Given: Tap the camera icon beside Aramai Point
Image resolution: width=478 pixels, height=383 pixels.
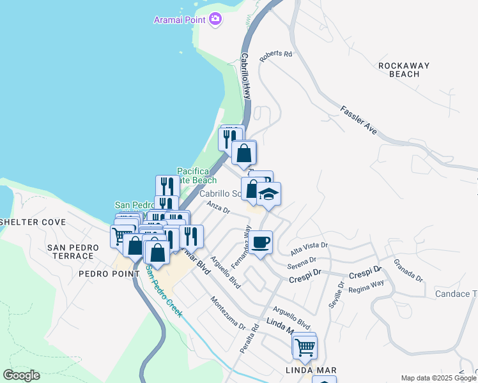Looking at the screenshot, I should pyautogui.click(x=215, y=19).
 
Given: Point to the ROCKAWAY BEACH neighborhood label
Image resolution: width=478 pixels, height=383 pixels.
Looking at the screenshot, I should pyautogui.click(x=399, y=70).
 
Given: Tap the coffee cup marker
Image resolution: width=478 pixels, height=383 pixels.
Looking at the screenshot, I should pyautogui.click(x=261, y=243).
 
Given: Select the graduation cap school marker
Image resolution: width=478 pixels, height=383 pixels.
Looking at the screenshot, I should pyautogui.click(x=269, y=194).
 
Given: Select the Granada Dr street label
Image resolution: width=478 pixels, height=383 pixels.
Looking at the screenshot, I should pyautogui.click(x=408, y=270).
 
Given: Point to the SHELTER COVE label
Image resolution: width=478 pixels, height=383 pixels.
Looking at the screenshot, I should pyautogui.click(x=33, y=222).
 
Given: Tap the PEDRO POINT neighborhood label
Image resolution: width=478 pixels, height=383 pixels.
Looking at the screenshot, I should pyautogui.click(x=109, y=274).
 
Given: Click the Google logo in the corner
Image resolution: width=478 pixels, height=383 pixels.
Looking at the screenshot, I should pyautogui.click(x=21, y=375).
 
